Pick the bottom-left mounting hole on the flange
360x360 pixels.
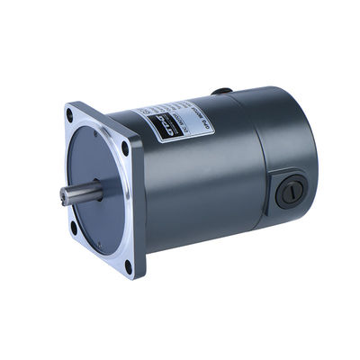74,227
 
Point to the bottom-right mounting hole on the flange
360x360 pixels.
128,265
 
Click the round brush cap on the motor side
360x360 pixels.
289,191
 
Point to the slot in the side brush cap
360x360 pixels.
289,191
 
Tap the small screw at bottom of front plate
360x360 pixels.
101,244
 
